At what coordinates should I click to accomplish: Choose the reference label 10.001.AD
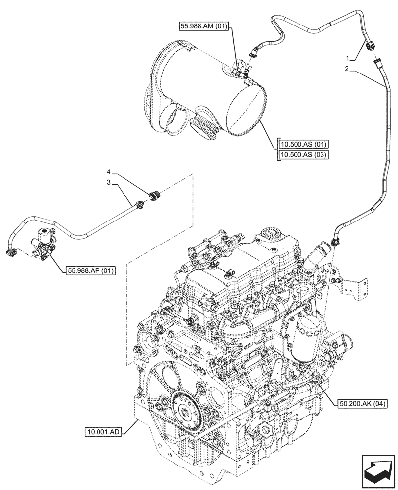pyautogui.click(x=102, y=432)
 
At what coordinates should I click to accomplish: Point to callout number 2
pyautogui.click(x=347, y=70)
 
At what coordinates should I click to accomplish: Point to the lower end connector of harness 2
pyautogui.click(x=335, y=241)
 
